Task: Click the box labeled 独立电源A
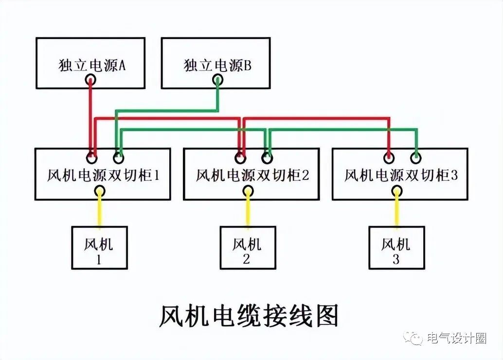[x=90, y=63]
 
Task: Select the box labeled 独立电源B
[x=216, y=63]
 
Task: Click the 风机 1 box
[x=99, y=248]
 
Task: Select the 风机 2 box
[x=248, y=248]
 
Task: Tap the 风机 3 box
[x=396, y=248]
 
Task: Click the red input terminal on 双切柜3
[x=389, y=158]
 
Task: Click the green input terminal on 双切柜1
[x=118, y=158]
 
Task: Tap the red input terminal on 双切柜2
[x=240, y=158]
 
